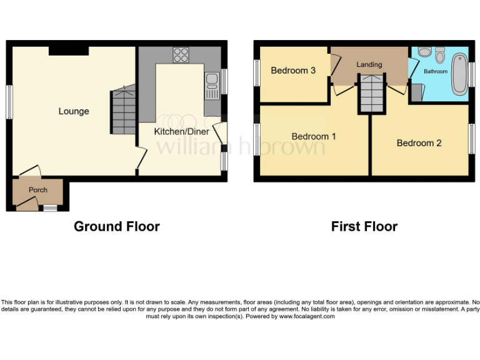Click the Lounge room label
click(x=74, y=111)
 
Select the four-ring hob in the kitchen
click(x=181, y=55)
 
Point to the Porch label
click(x=38, y=190)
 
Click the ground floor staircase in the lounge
click(x=124, y=111)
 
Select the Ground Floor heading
click(x=117, y=226)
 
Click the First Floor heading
click(x=364, y=226)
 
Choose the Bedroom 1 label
click(x=314, y=136)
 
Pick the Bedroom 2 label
click(x=419, y=143)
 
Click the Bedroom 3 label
click(x=292, y=71)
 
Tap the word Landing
click(x=369, y=64)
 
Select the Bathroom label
click(x=436, y=71)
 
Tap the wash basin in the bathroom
click(x=440, y=56)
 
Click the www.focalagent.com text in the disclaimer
click(x=306, y=316)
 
